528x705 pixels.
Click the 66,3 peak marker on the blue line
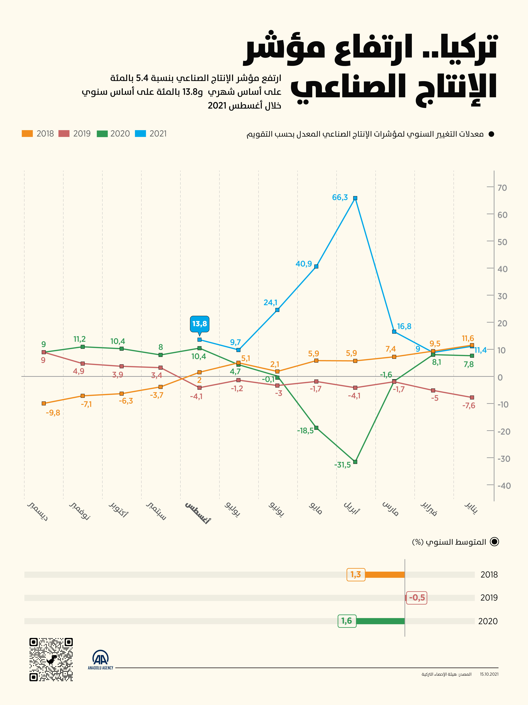pyautogui.click(x=355, y=198)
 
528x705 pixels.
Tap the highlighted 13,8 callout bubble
pyautogui.click(x=199, y=324)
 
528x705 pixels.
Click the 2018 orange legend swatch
pyautogui.click(x=27, y=134)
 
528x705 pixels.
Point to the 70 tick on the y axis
pyautogui.click(x=502, y=188)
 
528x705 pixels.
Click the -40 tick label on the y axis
pyautogui.click(x=504, y=486)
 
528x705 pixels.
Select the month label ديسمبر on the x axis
pyautogui.click(x=38, y=511)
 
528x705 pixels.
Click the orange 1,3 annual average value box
pyautogui.click(x=356, y=574)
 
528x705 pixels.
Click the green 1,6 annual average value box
pyautogui.click(x=347, y=620)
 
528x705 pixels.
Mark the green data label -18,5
pyautogui.click(x=305, y=431)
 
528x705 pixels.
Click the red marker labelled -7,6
pyautogui.click(x=472, y=397)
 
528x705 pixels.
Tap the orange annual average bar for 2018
pyautogui.click(x=385, y=575)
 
